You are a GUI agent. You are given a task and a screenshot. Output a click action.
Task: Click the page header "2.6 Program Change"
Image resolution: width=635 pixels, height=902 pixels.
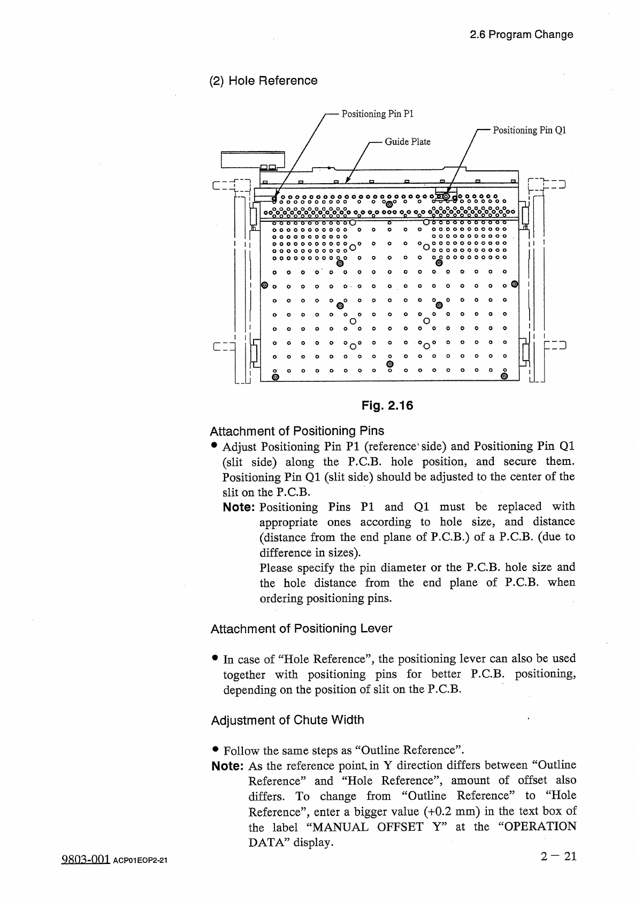coord(521,35)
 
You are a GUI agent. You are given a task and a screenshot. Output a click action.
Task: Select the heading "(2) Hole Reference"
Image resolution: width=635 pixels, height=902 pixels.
coord(263,81)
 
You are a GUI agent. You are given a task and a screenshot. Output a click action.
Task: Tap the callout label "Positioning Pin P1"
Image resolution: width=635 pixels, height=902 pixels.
coord(378,114)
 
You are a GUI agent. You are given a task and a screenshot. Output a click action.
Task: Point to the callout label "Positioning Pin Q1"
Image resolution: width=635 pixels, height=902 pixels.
coord(529,130)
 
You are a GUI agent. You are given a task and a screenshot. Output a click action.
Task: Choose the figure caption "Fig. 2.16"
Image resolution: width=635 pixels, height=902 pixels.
coord(387,405)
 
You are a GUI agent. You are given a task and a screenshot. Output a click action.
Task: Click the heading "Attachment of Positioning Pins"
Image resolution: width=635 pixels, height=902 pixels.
coord(297,431)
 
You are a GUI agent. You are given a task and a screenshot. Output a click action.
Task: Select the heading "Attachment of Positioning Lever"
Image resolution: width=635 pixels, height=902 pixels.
coord(301,629)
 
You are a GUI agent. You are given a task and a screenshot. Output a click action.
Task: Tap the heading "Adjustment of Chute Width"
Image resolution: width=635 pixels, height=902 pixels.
coord(287,720)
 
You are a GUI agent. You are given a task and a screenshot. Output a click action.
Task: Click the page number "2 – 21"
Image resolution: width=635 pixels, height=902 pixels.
coord(559,856)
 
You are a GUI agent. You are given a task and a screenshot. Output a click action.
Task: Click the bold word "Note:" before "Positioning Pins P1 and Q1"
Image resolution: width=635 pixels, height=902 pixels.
coord(239,507)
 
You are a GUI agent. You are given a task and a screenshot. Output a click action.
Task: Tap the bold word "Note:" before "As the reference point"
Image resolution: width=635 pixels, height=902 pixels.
coord(228,766)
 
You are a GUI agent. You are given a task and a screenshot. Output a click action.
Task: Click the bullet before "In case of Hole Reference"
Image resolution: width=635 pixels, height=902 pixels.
coord(215,658)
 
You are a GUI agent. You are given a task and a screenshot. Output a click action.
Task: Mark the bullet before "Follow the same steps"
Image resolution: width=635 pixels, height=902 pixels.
coord(215,750)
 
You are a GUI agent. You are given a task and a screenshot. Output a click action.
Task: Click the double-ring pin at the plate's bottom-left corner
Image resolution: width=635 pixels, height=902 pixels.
coord(276,377)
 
